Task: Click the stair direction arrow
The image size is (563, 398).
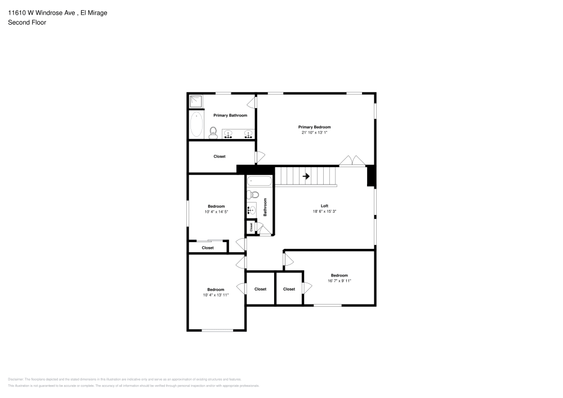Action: click(x=306, y=176)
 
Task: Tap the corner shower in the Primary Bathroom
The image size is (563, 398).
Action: click(x=195, y=101)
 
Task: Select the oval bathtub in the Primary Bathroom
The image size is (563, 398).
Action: click(x=196, y=124)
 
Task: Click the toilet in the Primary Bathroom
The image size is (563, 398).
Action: click(x=213, y=133)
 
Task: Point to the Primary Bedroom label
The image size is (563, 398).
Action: click(x=314, y=127)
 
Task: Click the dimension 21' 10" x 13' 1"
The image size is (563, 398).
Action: click(x=314, y=133)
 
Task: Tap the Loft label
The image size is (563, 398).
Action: click(x=324, y=206)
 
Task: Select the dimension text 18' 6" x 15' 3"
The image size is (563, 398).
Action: click(x=324, y=212)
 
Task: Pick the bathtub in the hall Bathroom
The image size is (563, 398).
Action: click(x=260, y=182)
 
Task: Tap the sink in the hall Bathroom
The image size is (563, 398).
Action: click(x=251, y=210)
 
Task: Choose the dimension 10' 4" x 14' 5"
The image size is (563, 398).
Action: click(x=216, y=212)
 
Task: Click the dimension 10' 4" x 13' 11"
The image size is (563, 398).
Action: click(x=216, y=295)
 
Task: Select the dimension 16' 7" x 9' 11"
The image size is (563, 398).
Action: click(x=339, y=281)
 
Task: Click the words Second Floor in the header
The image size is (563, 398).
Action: click(x=27, y=23)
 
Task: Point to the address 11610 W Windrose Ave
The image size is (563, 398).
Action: click(x=42, y=12)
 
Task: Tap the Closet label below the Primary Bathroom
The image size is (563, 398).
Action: click(x=219, y=156)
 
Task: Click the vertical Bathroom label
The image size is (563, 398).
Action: click(x=265, y=207)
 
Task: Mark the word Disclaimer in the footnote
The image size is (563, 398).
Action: click(x=15, y=379)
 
